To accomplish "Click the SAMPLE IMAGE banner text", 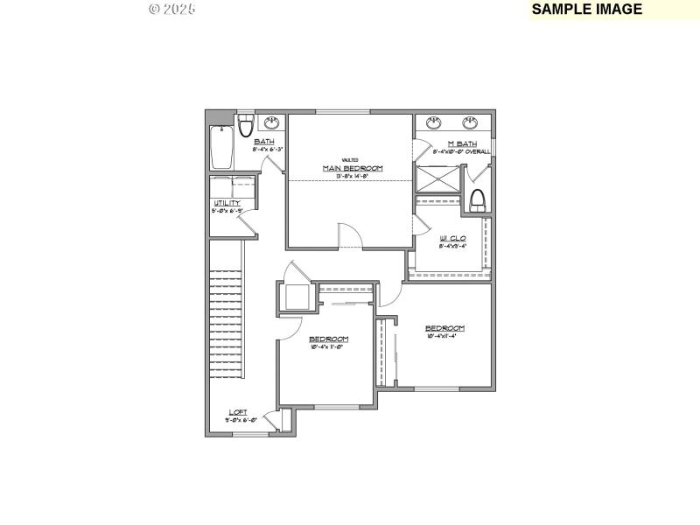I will pyautogui.click(x=587, y=10).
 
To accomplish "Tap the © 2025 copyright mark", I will pyautogui.click(x=172, y=9).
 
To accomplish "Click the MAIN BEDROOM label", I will pyautogui.click(x=353, y=168).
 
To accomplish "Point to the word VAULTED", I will pyautogui.click(x=350, y=159).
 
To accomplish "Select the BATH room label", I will pyautogui.click(x=263, y=142).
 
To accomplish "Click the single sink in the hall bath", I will pyautogui.click(x=273, y=122).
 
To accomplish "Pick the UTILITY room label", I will pyautogui.click(x=227, y=203).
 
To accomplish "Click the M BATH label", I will pyautogui.click(x=462, y=143).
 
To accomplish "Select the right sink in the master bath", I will pyautogui.click(x=471, y=122).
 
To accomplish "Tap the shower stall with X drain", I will pyautogui.click(x=436, y=178).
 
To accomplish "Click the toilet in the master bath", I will pyautogui.click(x=478, y=200).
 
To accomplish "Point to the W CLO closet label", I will pyautogui.click(x=451, y=238).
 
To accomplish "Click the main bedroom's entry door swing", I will pyautogui.click(x=347, y=234).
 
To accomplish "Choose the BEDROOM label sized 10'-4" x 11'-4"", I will pyautogui.click(x=444, y=328).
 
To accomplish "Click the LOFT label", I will pyautogui.click(x=238, y=412).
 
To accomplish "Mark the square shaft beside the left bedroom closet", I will pyautogui.click(x=295, y=297).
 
